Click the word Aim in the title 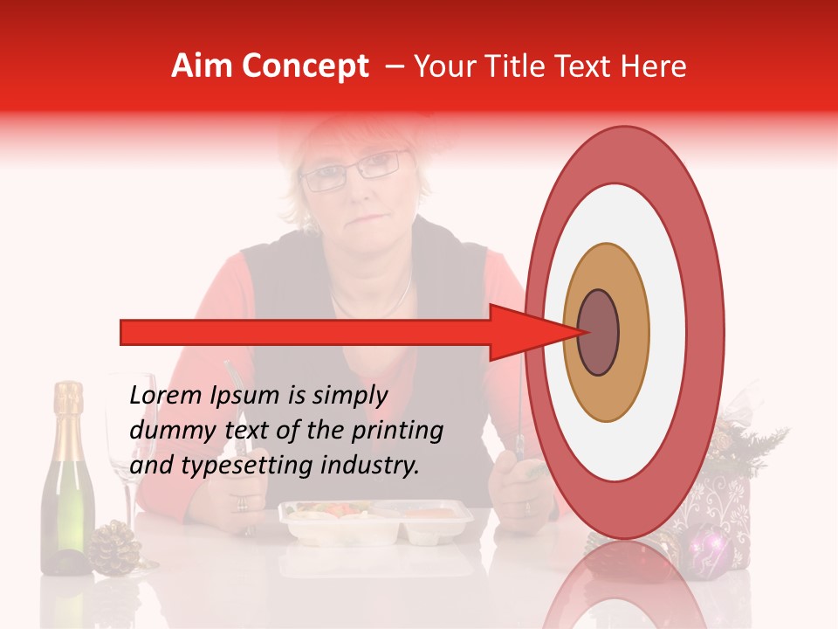point(203,66)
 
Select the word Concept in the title point(305,66)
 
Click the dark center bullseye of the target point(599,332)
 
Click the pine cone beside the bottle point(114,548)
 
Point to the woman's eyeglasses point(354,169)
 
